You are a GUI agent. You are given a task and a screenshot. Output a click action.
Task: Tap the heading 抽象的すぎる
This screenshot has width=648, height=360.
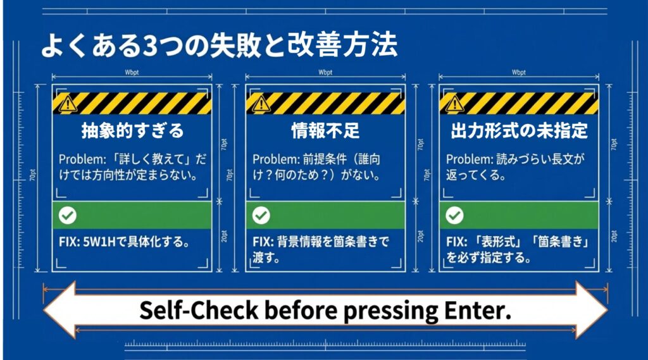click(x=132, y=131)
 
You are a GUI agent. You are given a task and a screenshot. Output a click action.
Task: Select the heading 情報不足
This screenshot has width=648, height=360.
click(x=325, y=131)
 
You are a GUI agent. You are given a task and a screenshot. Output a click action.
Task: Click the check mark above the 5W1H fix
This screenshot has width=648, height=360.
click(x=67, y=216)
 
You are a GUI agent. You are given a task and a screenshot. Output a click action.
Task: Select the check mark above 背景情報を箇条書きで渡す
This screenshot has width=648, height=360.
click(x=261, y=216)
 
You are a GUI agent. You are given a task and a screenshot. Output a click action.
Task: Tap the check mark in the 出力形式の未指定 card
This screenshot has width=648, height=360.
click(x=454, y=216)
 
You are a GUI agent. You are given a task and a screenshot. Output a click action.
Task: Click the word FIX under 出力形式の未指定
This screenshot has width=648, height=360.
click(x=454, y=242)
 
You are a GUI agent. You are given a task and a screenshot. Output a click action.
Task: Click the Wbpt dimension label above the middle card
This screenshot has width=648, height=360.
click(x=325, y=73)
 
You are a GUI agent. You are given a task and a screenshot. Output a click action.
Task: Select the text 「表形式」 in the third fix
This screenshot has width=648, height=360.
click(x=497, y=242)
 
